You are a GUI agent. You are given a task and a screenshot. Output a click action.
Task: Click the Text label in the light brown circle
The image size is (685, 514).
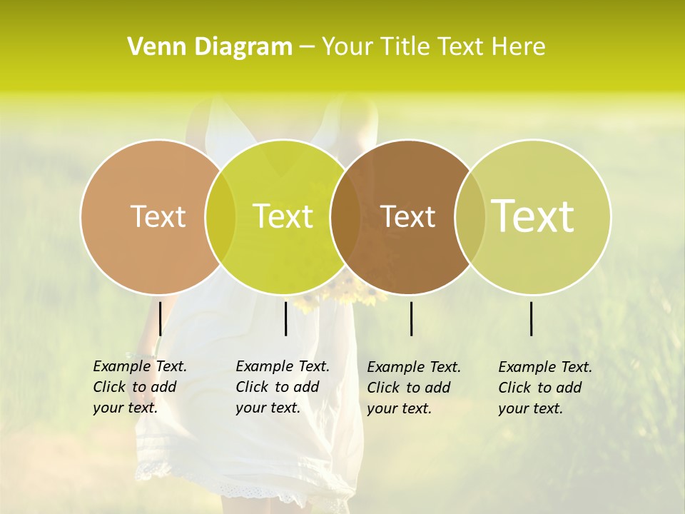[158, 216]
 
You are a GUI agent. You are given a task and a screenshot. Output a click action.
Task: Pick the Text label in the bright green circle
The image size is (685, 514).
[283, 216]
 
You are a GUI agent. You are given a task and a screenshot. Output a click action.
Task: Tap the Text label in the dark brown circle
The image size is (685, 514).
[407, 216]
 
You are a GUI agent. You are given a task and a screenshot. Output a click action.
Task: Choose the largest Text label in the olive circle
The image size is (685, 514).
[533, 216]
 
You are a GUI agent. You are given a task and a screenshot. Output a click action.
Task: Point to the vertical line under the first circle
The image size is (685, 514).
[160, 318]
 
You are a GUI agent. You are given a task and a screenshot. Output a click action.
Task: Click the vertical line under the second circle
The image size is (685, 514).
[285, 318]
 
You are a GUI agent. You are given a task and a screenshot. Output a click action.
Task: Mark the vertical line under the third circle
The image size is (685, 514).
[411, 318]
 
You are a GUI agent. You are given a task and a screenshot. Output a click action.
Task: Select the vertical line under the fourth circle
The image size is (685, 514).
[532, 318]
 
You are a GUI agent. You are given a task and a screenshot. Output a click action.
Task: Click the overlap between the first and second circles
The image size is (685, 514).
[220, 216]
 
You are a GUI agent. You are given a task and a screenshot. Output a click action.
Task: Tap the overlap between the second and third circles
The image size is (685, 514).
[345, 216]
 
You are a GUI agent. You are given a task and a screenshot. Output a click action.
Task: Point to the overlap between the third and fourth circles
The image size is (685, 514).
[470, 216]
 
